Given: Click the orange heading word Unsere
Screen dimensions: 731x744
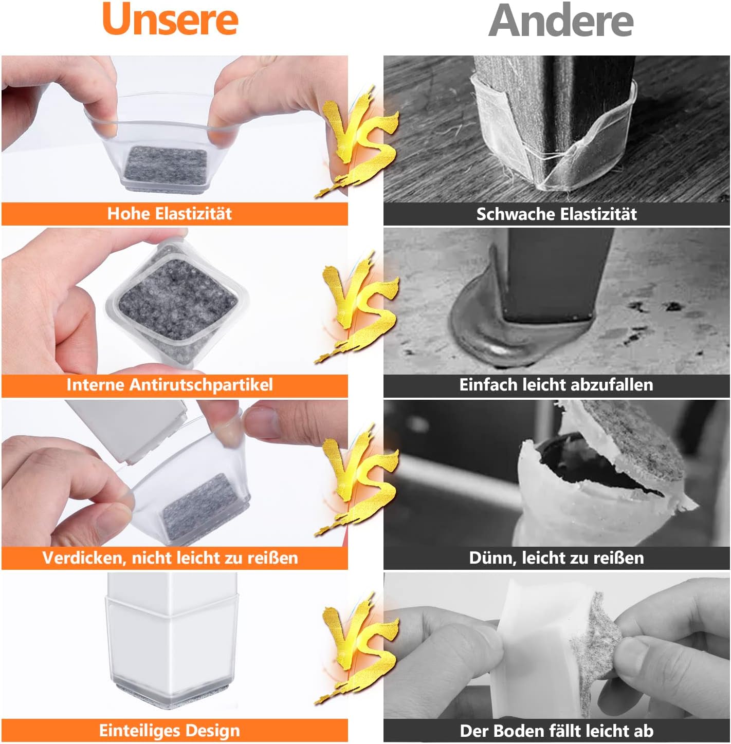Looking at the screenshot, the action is pyautogui.click(x=170, y=20).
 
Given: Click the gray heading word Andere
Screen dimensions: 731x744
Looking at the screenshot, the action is pyautogui.click(x=561, y=20).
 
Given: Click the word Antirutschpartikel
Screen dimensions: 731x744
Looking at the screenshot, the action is pyautogui.click(x=201, y=385).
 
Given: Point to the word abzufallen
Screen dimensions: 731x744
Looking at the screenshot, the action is pyautogui.click(x=613, y=385).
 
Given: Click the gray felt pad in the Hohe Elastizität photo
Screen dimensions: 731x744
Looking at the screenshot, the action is pyautogui.click(x=167, y=164).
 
